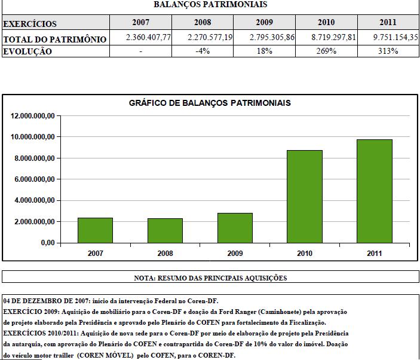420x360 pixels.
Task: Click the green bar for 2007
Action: (x=95, y=230)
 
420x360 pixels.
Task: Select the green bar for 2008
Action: (x=165, y=230)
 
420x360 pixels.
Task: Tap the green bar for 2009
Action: (x=235, y=228)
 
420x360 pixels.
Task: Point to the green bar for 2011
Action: (x=375, y=191)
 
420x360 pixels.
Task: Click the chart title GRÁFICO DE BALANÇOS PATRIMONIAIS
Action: (x=210, y=103)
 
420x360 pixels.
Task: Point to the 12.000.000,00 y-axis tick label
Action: (x=33, y=116)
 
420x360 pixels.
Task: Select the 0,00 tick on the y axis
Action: (x=47, y=243)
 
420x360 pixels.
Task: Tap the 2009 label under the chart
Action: (x=235, y=253)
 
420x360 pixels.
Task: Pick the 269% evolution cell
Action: (x=326, y=51)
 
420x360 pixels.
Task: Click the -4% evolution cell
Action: (x=203, y=51)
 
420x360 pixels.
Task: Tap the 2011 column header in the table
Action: (x=388, y=23)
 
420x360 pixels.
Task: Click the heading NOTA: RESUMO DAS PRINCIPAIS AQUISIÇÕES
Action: (x=210, y=277)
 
